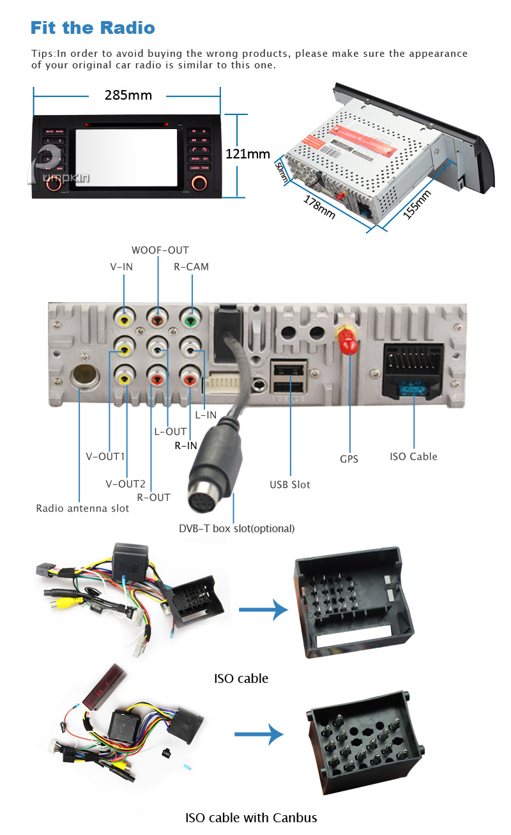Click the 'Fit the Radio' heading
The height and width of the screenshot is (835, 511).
pos(93,28)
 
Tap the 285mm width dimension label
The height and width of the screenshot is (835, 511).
pos(128,96)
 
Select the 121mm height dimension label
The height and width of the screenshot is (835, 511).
pos(248,155)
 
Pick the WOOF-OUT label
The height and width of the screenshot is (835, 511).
pos(160,250)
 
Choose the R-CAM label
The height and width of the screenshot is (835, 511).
pos(192,267)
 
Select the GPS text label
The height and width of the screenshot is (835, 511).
pos(349,459)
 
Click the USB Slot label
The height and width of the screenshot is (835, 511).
pos(289,485)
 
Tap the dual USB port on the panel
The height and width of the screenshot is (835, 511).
pos(289,379)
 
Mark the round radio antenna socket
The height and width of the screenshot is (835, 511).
pos(82,376)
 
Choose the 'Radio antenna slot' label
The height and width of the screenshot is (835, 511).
pos(82,509)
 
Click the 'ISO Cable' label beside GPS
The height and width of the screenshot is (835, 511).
pos(414,457)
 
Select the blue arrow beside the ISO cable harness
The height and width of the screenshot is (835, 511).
pos(263,609)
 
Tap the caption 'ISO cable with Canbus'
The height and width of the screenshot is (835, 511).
pos(251,818)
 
